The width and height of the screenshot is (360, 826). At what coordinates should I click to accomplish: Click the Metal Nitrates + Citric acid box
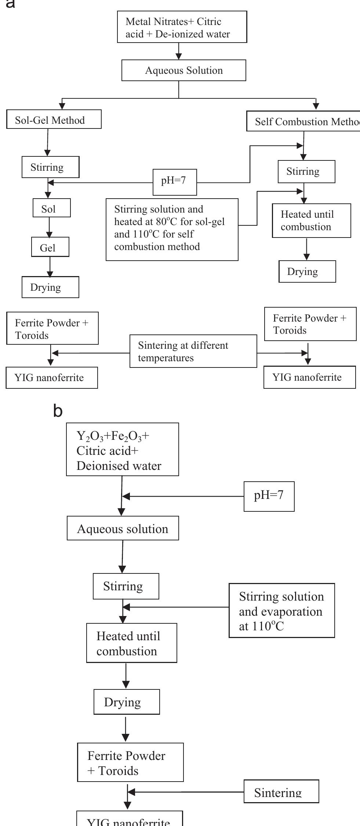(x=182, y=27)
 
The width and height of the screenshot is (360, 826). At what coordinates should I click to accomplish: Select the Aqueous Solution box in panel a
(x=183, y=70)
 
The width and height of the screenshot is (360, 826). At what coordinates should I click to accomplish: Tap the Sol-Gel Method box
(x=54, y=120)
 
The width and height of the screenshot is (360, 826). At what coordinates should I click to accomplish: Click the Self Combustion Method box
(x=303, y=122)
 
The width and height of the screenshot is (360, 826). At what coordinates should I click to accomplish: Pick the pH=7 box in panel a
(x=175, y=182)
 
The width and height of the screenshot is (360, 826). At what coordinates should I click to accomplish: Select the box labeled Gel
(x=50, y=248)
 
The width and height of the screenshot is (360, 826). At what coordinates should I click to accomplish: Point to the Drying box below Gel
(x=50, y=287)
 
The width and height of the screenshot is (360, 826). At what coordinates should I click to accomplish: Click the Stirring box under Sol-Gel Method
(x=50, y=167)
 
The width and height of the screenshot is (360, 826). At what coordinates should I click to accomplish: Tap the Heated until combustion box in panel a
(x=311, y=221)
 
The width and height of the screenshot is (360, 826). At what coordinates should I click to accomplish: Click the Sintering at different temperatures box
(x=193, y=351)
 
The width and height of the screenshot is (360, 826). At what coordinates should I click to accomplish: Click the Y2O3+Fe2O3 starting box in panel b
(x=122, y=450)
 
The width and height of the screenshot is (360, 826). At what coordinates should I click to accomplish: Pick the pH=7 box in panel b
(x=269, y=496)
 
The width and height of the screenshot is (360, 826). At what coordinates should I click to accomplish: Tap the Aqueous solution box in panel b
(x=123, y=529)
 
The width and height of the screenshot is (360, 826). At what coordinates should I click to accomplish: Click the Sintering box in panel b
(x=281, y=792)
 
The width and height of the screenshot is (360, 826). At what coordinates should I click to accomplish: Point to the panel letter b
(x=58, y=412)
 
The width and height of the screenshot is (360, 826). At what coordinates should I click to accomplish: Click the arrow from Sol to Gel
(x=50, y=227)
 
